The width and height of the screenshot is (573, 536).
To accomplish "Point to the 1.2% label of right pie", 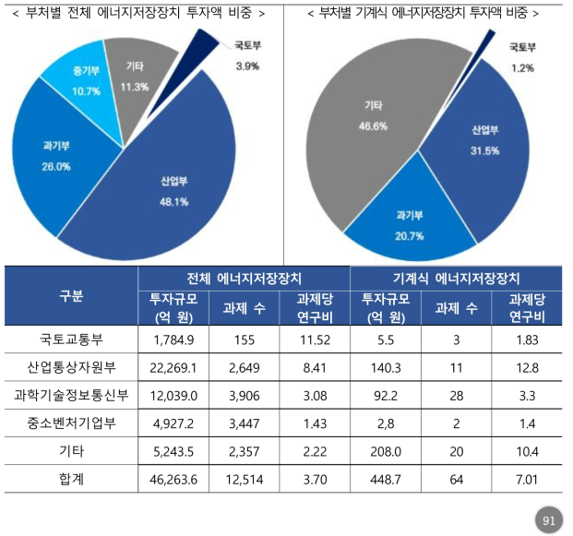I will click(522, 67).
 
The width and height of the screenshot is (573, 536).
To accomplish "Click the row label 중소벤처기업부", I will click(71, 423).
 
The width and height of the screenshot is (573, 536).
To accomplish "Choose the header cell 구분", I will click(71, 296).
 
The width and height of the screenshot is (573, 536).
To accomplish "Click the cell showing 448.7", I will click(384, 480).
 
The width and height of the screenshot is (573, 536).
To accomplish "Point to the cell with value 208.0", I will click(384, 451).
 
